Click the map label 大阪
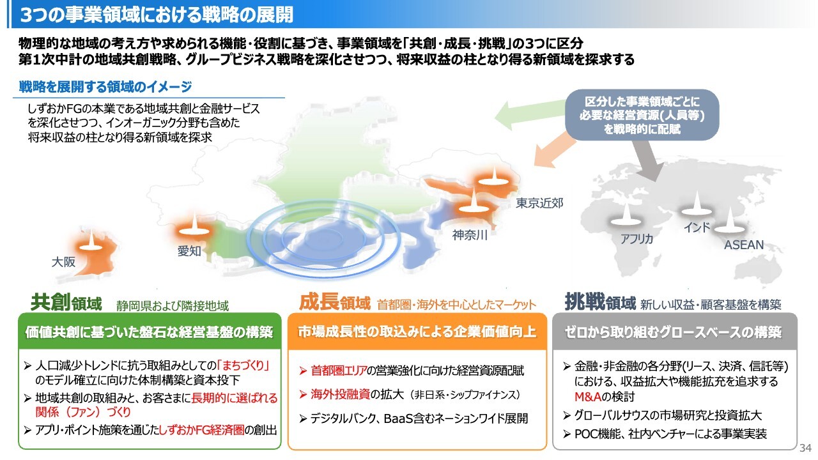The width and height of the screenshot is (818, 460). [x=63, y=262]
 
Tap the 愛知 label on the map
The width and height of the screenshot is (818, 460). [x=189, y=252]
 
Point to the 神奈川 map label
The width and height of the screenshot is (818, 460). [x=470, y=234]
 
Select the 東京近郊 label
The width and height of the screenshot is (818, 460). [x=540, y=204]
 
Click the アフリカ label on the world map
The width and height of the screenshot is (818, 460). [x=637, y=239]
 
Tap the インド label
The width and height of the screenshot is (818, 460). [x=697, y=227]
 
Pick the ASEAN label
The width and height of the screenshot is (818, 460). [x=743, y=245]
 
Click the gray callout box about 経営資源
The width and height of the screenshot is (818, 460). [x=641, y=115]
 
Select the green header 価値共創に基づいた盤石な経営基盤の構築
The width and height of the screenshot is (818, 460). [x=149, y=332]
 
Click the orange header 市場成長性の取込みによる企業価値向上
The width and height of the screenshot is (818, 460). [x=417, y=332]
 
